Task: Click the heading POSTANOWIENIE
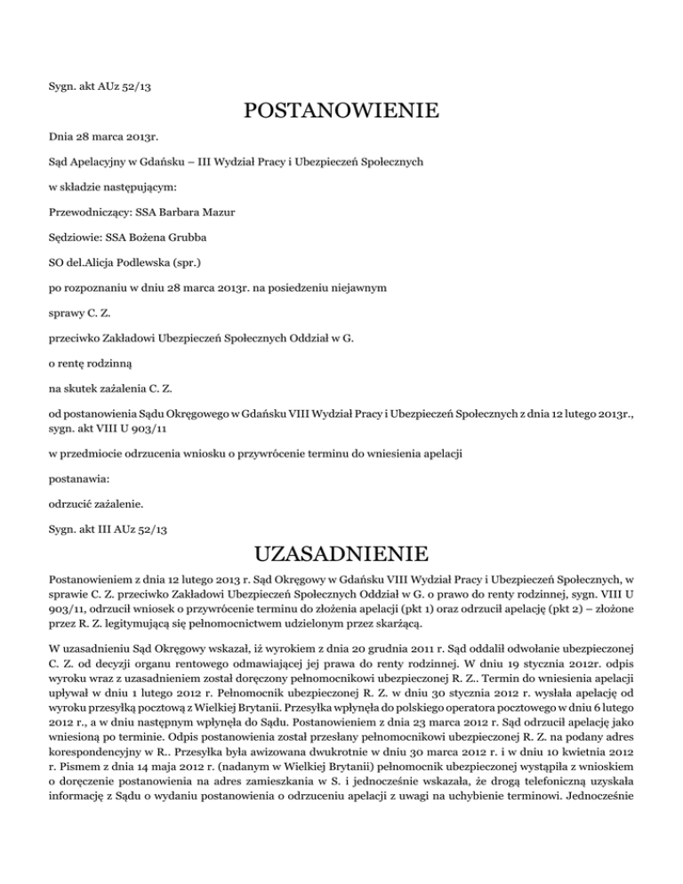[341, 112]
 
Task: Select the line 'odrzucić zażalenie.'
[92, 503]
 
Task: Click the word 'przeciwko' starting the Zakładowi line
[72, 339]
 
